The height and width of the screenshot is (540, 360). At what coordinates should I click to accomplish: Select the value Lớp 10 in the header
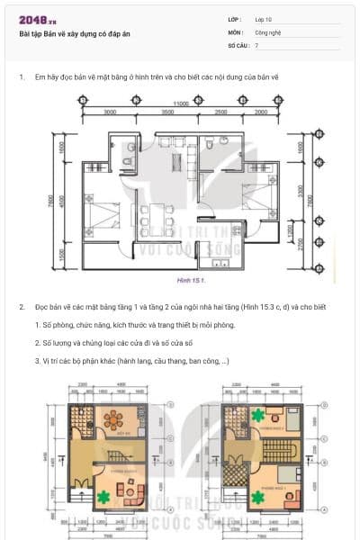264,18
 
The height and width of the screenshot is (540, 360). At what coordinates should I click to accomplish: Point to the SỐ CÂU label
238,44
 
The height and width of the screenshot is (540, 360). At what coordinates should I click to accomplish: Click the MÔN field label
235,31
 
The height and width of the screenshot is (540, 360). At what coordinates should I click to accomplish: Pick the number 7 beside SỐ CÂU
256,44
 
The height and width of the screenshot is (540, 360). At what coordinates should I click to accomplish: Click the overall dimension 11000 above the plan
181,103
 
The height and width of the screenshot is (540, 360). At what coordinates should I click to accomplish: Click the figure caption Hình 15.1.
191,281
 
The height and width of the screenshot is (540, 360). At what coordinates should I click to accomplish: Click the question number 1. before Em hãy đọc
22,78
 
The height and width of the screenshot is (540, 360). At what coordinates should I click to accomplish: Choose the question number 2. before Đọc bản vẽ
22,307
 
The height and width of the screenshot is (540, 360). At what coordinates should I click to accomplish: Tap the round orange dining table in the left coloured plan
115,419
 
